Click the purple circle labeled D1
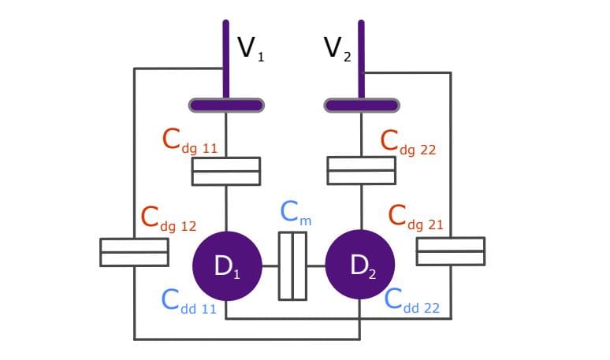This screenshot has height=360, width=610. pyautogui.click(x=226, y=266)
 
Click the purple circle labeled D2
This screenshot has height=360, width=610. pyautogui.click(x=360, y=266)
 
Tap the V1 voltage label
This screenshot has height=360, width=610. pyautogui.click(x=251, y=50)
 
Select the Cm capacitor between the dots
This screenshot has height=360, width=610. pyautogui.click(x=292, y=266)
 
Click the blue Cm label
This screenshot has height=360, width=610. pyautogui.click(x=296, y=213)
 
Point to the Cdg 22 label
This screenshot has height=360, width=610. pyautogui.click(x=407, y=143)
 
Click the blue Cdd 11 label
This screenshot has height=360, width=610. pyautogui.click(x=188, y=302)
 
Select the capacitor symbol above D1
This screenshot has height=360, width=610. pyautogui.click(x=226, y=171)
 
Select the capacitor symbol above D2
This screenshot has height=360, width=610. pyautogui.click(x=361, y=170)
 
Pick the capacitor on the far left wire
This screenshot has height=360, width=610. pyautogui.click(x=134, y=252)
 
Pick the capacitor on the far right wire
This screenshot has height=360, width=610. pyautogui.click(x=451, y=251)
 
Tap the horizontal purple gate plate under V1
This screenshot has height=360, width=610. pyautogui.click(x=226, y=105)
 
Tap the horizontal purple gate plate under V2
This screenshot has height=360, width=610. pyautogui.click(x=361, y=105)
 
